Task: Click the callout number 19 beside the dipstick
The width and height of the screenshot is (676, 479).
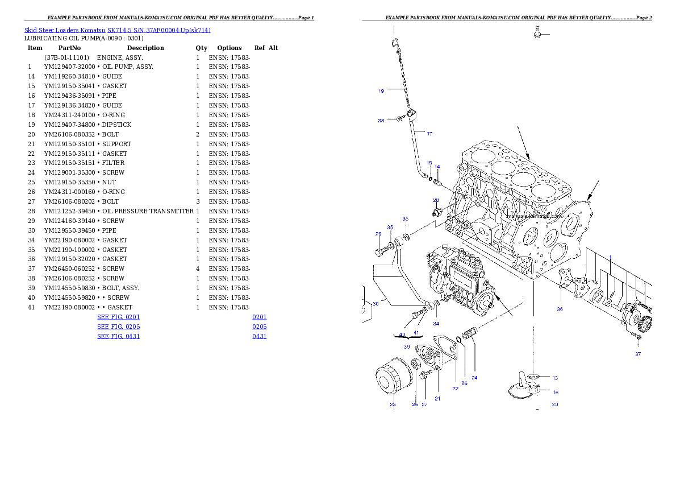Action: pos(381,91)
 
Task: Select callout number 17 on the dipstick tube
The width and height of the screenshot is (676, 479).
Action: pos(429,134)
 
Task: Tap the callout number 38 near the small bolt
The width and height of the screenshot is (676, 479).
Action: pos(381,121)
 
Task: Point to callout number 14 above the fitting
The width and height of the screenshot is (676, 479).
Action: pos(437,167)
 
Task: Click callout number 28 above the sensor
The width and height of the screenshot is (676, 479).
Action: pos(436,200)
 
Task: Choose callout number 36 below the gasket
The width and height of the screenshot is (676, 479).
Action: pos(560,309)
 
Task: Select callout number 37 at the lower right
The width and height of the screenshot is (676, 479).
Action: pos(638,354)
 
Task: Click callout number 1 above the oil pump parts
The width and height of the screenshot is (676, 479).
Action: pos(610,257)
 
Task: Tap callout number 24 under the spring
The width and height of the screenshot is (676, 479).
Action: pos(474,377)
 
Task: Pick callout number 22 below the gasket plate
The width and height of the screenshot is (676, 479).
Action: pos(455,389)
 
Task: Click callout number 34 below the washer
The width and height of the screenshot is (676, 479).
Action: pos(436,324)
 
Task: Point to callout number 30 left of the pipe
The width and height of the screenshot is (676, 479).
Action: pos(375,304)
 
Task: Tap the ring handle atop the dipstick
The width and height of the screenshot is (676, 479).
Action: pos(394,42)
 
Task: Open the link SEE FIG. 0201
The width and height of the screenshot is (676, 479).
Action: pos(118,317)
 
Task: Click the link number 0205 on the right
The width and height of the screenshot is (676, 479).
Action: pos(260,327)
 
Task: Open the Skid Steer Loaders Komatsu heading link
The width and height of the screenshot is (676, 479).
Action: pos(117,30)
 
